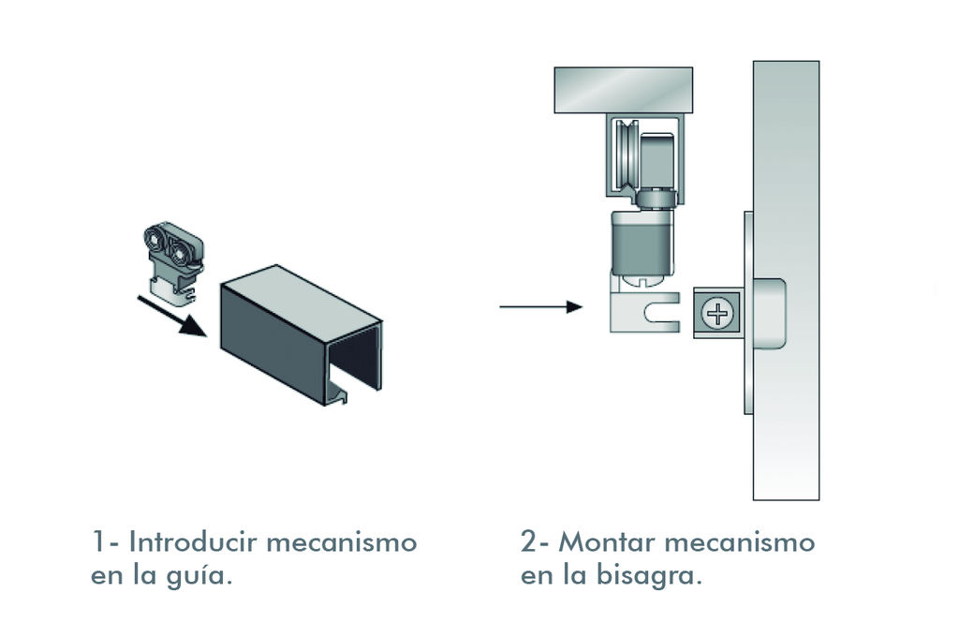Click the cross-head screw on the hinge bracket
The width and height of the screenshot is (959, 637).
pos(718,314)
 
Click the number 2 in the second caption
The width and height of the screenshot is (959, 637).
pos(530,542)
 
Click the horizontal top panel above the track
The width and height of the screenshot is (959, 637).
pos(624,90)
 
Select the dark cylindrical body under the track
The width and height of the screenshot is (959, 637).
pos(642,242)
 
